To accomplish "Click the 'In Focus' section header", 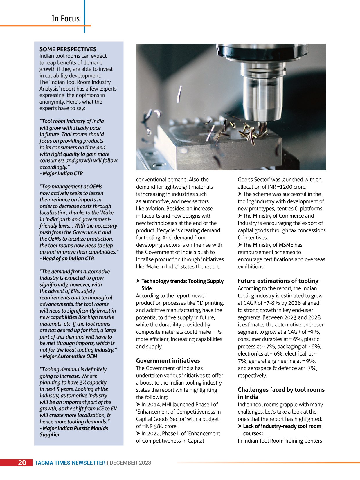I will tap(66, 19).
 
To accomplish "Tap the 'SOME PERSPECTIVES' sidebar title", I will tap(68, 49).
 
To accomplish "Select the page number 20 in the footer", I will tap(22, 463).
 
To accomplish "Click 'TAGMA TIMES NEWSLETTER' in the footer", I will tap(70, 463).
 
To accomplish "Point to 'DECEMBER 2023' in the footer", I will tap(130, 463).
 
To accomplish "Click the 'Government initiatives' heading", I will tap(168, 361).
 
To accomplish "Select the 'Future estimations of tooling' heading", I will tap(278, 281).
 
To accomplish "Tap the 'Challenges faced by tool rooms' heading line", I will tap(281, 390).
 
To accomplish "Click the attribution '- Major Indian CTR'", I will tap(61, 174).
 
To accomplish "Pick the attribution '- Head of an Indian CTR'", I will tap(67, 259).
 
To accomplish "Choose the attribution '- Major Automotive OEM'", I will tap(69, 356).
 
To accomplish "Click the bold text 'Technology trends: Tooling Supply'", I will tap(182, 281).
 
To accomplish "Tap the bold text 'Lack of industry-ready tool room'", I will tap(282, 426).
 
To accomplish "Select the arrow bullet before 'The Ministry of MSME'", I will tap(240, 245).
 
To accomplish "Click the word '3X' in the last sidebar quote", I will tap(83, 382).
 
